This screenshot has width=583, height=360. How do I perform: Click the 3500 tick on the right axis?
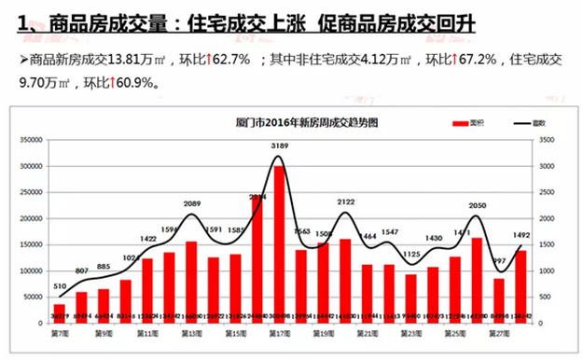pyautogui.click(x=546, y=140)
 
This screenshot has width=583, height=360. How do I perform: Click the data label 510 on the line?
pyautogui.click(x=59, y=287)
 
